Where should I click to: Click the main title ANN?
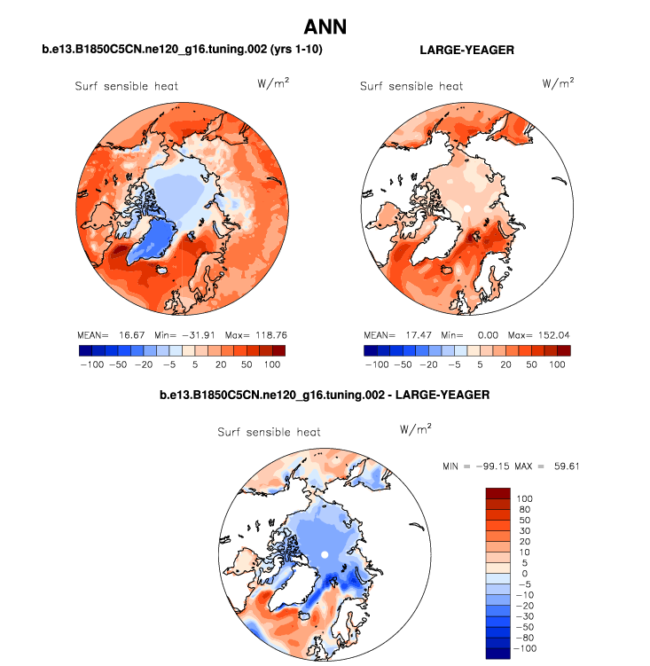click(x=325, y=27)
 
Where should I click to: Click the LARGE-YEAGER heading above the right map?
click(x=466, y=51)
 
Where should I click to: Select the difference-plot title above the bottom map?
click(x=325, y=393)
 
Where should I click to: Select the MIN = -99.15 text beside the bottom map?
click(x=480, y=466)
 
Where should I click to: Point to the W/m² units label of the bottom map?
click(x=415, y=429)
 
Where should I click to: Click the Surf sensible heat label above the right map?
click(x=411, y=86)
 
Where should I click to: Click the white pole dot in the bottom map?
click(x=325, y=554)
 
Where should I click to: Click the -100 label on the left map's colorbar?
click(x=91, y=364)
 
